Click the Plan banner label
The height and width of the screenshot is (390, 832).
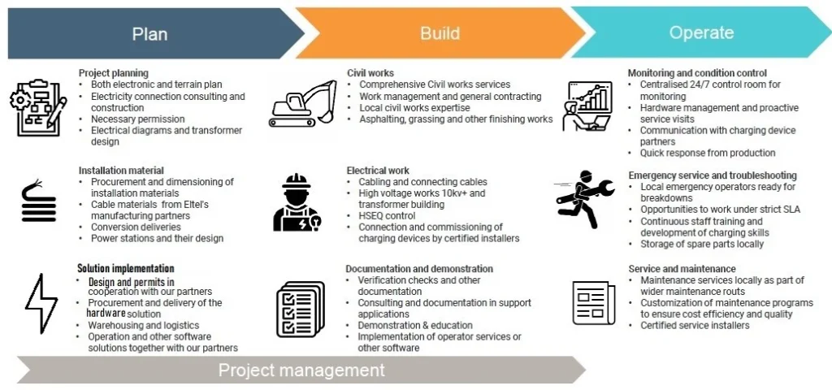149,34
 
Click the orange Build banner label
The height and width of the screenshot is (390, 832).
440,33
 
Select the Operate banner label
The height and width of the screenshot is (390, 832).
701,32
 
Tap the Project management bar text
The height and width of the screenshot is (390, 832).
301,370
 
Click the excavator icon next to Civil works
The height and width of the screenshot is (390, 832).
302,102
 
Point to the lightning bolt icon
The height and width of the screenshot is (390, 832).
41,303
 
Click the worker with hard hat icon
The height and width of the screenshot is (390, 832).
297,202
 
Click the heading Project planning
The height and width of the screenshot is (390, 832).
114,73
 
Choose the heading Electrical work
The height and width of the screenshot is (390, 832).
378,171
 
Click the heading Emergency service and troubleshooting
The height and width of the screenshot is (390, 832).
713,175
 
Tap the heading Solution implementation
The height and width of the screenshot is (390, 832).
125,269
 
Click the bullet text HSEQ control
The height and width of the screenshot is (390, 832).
387,216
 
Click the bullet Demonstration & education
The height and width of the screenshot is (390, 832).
415,326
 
